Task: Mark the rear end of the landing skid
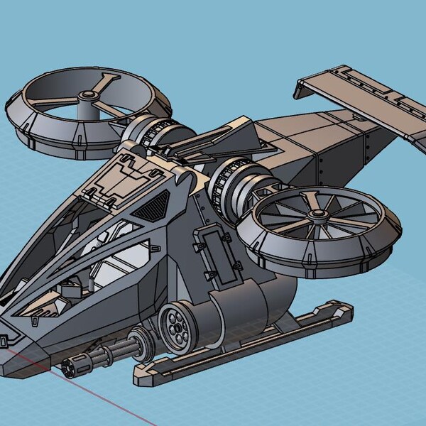(x=345, y=309)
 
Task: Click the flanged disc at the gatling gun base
(x=147, y=341)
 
